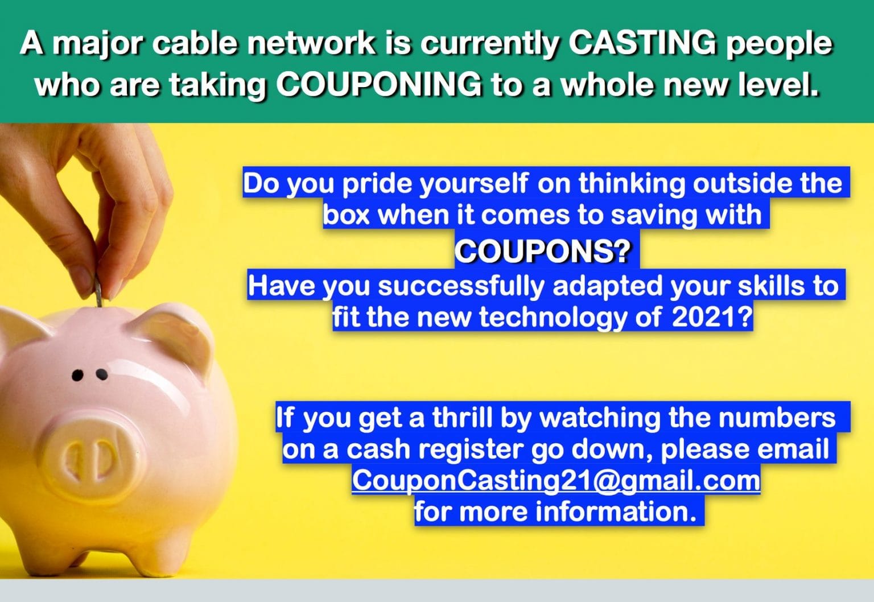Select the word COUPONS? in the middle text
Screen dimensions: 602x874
(543, 250)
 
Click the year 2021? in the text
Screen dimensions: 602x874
(712, 317)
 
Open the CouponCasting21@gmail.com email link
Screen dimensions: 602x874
(556, 480)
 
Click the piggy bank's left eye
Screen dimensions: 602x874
(77, 375)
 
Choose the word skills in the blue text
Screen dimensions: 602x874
(771, 286)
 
